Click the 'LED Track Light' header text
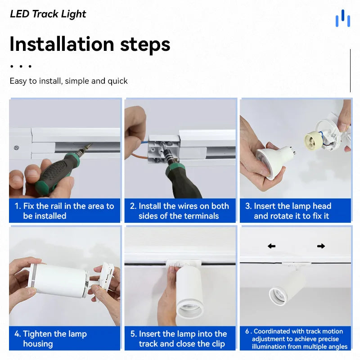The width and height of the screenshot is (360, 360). pyautogui.click(x=48, y=14)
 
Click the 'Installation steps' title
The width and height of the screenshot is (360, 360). pyautogui.click(x=90, y=44)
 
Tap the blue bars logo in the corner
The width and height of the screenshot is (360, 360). pyautogui.click(x=342, y=18)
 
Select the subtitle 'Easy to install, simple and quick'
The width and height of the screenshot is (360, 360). pyautogui.click(x=69, y=81)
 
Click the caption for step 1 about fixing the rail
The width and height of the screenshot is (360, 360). pyautogui.click(x=65, y=211)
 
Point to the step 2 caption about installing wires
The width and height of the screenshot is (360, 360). pyautogui.click(x=180, y=211)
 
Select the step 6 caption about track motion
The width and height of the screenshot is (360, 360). pyautogui.click(x=297, y=339)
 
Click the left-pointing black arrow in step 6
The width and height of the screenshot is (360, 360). pyautogui.click(x=271, y=246)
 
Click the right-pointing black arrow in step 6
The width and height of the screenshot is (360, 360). pyautogui.click(x=321, y=246)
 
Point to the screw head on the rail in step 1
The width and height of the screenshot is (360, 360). pyautogui.click(x=16, y=146)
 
